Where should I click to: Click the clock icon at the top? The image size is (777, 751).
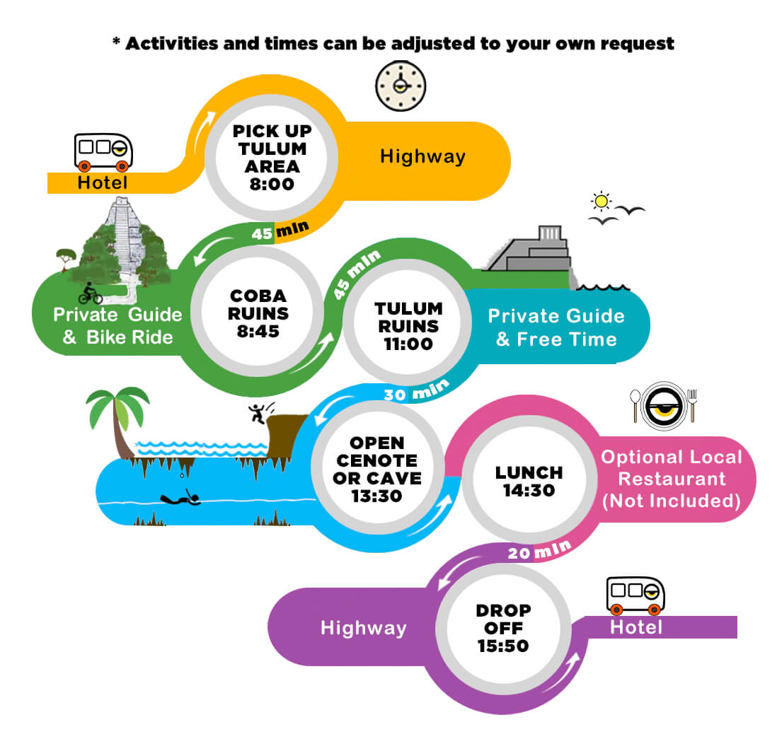click(401, 86)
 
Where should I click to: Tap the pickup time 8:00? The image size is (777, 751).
click(272, 184)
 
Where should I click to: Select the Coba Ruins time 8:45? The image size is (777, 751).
click(258, 331)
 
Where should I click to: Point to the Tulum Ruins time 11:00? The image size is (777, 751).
click(408, 344)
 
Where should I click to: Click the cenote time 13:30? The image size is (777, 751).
click(376, 496)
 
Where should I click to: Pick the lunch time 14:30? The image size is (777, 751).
click(529, 491)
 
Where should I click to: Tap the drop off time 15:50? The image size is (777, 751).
click(503, 646)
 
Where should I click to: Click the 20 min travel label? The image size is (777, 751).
click(540, 550)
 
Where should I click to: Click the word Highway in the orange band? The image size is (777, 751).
click(422, 156)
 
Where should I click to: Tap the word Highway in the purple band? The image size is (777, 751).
click(363, 628)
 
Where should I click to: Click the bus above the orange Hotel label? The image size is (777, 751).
click(103, 152)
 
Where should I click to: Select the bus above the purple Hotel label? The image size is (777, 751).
click(635, 595)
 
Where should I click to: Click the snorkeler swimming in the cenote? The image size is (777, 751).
click(181, 498)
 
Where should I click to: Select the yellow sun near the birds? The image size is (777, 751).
click(601, 202)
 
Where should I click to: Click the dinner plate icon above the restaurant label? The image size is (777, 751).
click(664, 406)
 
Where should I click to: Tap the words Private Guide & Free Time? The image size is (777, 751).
click(556, 327)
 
